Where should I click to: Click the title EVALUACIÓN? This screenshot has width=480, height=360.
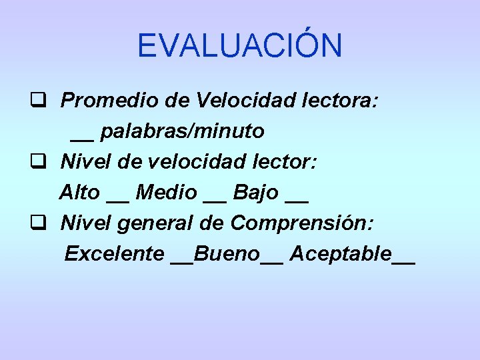(239, 45)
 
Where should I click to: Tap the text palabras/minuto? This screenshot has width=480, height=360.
(182, 132)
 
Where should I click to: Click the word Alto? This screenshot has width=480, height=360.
(79, 193)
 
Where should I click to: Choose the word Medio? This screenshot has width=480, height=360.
(166, 193)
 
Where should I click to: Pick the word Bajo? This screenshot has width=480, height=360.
(256, 193)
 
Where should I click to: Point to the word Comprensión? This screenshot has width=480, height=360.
(302, 223)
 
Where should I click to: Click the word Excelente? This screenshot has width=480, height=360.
(114, 253)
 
